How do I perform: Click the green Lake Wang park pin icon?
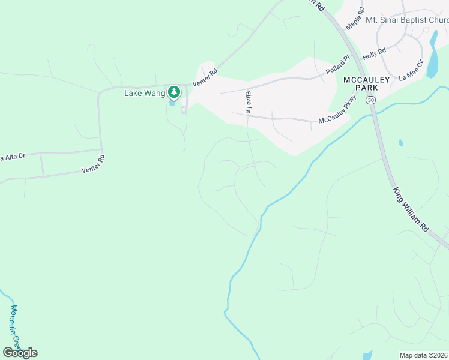174,92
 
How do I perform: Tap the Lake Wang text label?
144,93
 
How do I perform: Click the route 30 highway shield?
372,100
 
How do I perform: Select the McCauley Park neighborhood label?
366,83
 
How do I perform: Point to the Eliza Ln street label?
247,101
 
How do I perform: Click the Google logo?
20,352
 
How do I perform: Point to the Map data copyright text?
423,355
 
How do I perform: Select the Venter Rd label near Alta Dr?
93,164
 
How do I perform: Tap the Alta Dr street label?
12,157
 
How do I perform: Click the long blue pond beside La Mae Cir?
432,55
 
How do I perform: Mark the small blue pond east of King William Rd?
400,143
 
